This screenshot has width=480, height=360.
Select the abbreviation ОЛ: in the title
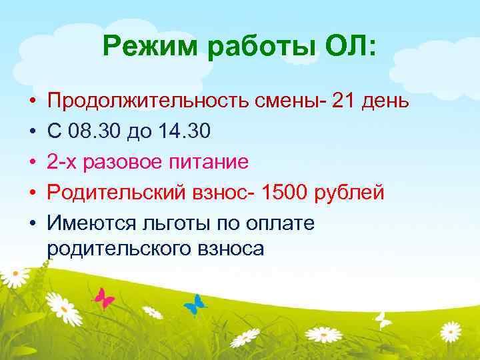click(x=347, y=48)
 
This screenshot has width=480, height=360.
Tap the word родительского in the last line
click(x=119, y=248)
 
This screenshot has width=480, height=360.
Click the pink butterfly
click(x=104, y=298)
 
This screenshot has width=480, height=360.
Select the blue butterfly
click(x=195, y=305)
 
